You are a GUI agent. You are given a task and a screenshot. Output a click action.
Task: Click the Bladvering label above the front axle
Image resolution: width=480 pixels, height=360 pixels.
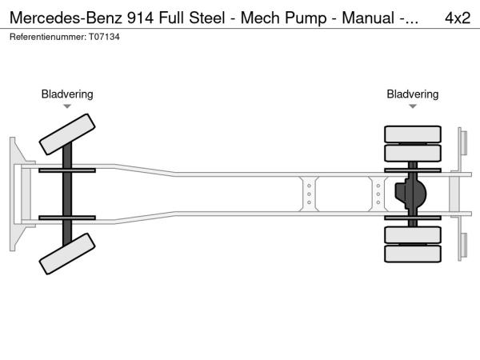[67, 94]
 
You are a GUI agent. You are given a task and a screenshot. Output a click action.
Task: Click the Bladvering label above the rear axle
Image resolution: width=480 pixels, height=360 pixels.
[413, 94]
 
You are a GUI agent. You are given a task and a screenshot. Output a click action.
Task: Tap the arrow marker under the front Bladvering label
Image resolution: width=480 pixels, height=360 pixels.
[67, 106]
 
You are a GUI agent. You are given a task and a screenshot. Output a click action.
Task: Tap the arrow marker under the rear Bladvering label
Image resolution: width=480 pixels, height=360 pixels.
[413, 106]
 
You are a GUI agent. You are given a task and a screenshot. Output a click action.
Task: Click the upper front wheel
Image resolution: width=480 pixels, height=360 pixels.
[68, 133]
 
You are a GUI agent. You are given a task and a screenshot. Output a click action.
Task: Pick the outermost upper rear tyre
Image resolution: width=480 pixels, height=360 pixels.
[413, 134]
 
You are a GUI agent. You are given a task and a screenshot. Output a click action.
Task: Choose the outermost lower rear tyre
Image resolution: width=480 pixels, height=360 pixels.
[413, 254]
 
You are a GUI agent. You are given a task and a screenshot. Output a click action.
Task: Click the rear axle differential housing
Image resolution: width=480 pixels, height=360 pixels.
[413, 194]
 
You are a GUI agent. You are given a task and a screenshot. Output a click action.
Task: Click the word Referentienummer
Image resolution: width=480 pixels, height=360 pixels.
[44, 37]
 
